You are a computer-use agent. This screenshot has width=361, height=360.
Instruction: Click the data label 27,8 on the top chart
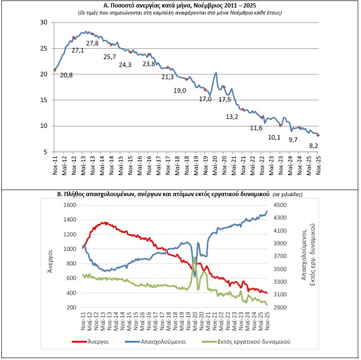[93, 43]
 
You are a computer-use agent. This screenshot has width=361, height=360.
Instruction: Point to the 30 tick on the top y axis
[43, 22]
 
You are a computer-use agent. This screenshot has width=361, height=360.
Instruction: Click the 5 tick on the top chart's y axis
[45, 152]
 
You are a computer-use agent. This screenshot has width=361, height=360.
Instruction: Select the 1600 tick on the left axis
[69, 206]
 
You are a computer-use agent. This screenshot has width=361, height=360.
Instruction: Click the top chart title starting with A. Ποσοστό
[180, 5]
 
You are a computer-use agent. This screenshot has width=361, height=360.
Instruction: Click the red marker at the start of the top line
[55, 70]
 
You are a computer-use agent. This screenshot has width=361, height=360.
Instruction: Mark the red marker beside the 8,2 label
[318, 135]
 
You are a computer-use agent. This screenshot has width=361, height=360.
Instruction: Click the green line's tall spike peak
[194, 257]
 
